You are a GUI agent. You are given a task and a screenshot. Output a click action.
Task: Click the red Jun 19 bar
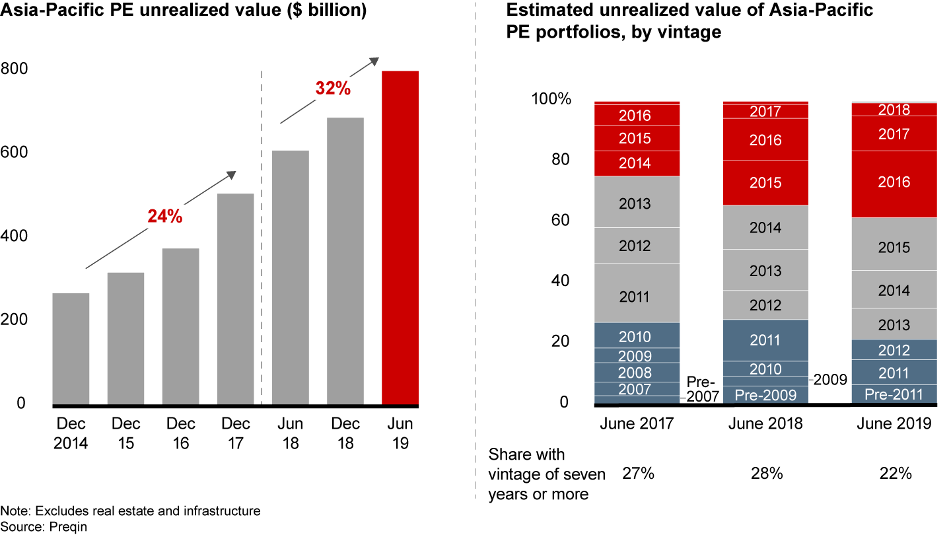pyautogui.click(x=400, y=238)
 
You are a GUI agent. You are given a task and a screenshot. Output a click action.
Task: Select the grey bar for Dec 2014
pyautogui.click(x=71, y=349)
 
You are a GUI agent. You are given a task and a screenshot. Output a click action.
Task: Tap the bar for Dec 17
pyautogui.click(x=235, y=299)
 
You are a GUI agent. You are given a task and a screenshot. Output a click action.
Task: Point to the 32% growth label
pyautogui.click(x=333, y=88)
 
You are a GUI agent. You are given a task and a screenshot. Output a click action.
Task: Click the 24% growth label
pyautogui.click(x=165, y=216)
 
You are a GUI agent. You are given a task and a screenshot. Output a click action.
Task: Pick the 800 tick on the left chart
pyautogui.click(x=14, y=69)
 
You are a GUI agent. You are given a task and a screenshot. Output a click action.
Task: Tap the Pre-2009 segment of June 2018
pyautogui.click(x=765, y=395)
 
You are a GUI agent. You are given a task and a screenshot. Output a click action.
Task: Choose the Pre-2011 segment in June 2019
pyautogui.click(x=894, y=394)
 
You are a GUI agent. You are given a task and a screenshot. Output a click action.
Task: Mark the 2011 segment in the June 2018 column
pyautogui.click(x=765, y=340)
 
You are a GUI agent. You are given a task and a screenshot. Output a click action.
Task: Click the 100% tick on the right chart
pyautogui.click(x=551, y=99)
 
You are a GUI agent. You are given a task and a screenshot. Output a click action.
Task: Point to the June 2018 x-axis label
pyautogui.click(x=765, y=423)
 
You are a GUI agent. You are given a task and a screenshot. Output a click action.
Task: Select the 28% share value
pyautogui.click(x=765, y=474)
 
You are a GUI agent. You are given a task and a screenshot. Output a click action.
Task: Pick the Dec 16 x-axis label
pyautogui.click(x=180, y=433)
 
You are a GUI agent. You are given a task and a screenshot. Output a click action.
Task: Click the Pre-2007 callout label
pyautogui.click(x=701, y=388)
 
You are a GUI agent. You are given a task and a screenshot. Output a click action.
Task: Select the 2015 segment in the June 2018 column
pyautogui.click(x=765, y=183)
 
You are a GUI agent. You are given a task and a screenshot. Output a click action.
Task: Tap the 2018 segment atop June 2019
pyautogui.click(x=894, y=110)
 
